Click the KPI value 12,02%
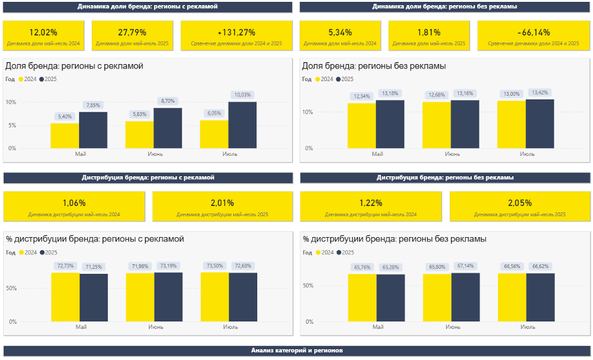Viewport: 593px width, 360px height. (43, 32)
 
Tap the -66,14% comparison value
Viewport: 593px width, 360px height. (533, 32)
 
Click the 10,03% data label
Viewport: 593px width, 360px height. (243, 95)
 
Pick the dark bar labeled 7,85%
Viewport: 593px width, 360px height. (93, 130)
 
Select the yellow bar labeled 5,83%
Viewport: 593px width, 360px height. (139, 134)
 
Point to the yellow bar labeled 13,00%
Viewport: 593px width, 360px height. (511, 124)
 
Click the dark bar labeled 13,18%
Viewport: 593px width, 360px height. (390, 124)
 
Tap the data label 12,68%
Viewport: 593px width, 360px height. (437, 95)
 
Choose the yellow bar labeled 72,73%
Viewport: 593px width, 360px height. (65, 297)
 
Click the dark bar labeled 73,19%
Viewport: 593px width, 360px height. (168, 297)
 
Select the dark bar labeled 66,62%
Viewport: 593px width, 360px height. (540, 299)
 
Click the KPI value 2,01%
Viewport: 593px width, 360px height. (222, 203)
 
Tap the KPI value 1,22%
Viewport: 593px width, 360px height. (371, 203)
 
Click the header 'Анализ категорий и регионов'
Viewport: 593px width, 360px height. (297, 350)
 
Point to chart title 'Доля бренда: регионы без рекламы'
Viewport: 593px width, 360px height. (374, 66)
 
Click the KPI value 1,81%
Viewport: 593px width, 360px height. (429, 32)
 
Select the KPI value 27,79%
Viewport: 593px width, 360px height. (132, 32)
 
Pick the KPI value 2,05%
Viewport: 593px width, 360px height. (520, 203)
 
